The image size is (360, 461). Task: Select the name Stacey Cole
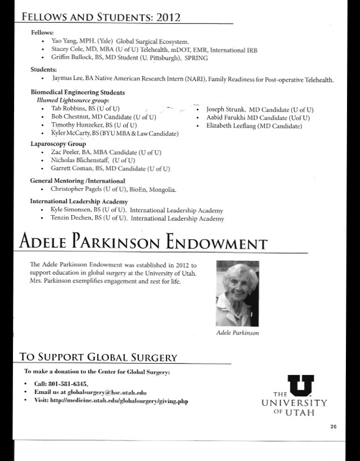click(x=65, y=50)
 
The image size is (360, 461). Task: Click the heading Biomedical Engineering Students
click(x=77, y=92)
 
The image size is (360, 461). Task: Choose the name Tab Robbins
click(x=65, y=108)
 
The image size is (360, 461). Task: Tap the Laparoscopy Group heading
click(x=54, y=144)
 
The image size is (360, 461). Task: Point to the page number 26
click(x=334, y=427)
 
